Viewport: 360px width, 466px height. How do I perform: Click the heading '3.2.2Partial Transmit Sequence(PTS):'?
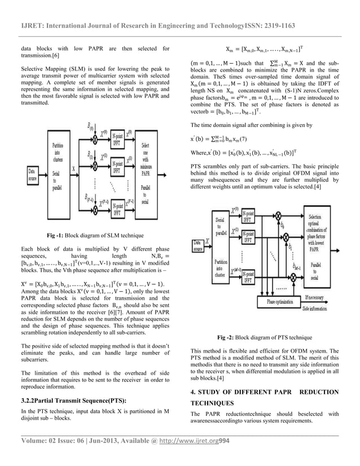point(72,401)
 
